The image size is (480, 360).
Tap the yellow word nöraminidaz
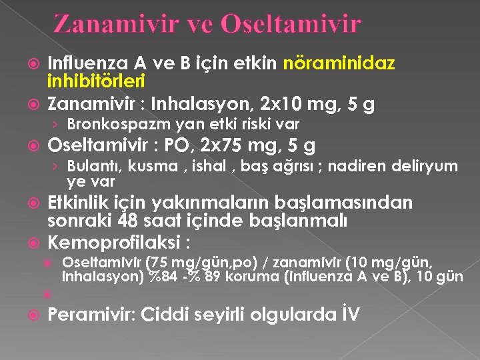tap(339, 64)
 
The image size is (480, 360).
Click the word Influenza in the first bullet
tap(90, 64)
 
